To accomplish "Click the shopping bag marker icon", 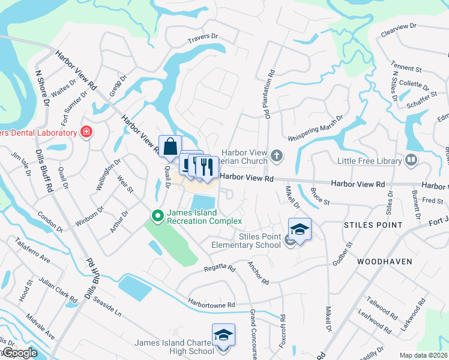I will click(x=170, y=146).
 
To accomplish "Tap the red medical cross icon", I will click(x=86, y=132).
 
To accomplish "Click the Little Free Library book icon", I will click(x=411, y=160).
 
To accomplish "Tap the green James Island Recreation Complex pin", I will click(x=158, y=215).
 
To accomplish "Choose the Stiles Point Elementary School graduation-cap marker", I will click(x=300, y=229).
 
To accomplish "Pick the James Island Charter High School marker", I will click(x=223, y=335).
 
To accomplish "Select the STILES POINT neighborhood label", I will click(x=373, y=225).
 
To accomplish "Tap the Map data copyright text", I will click(x=423, y=355).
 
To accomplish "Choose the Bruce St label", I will click(x=321, y=197).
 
